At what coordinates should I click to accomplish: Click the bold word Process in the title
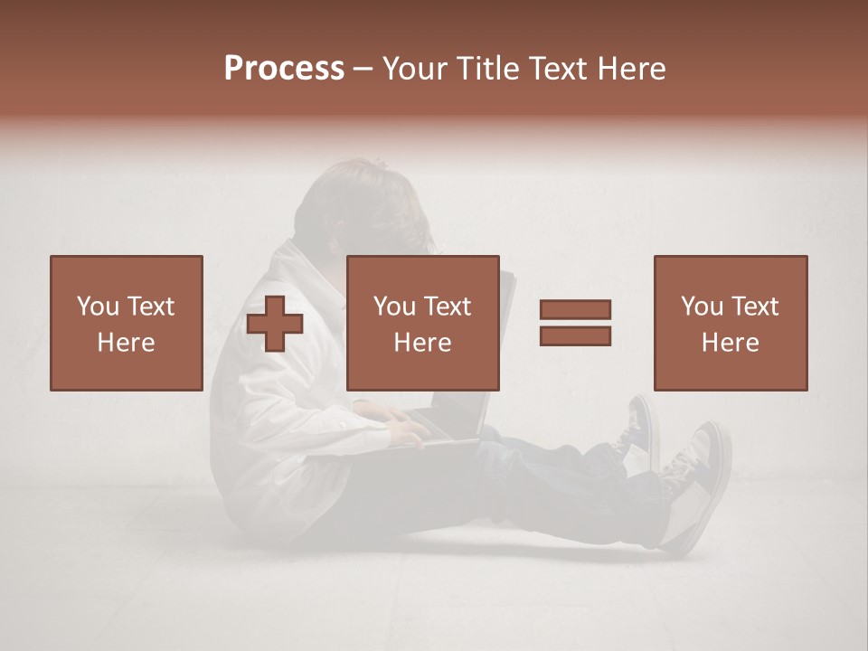coord(284,69)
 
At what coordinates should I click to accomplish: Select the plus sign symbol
coord(275,324)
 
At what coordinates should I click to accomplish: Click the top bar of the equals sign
coord(575,310)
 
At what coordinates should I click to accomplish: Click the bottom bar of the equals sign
coord(575,335)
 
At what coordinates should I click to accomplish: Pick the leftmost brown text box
coord(127,323)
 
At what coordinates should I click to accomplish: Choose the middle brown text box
coord(423,323)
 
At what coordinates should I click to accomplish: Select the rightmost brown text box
coord(731,323)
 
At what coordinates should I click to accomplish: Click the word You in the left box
coord(97,307)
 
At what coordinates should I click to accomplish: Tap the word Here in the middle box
coord(423,343)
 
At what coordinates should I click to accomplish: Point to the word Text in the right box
coord(754,307)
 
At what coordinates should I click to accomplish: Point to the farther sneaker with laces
coord(637,429)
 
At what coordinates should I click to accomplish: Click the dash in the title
coord(363,69)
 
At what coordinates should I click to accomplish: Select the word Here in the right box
coord(731,343)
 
